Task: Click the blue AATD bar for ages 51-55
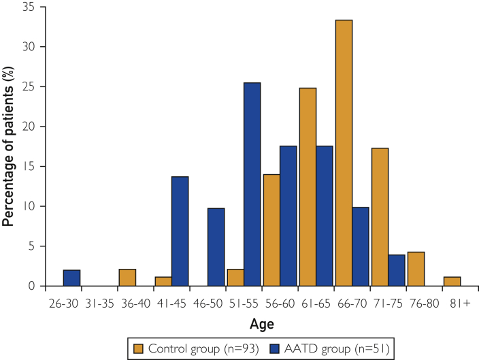pyautogui.click(x=252, y=184)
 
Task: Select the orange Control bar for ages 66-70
pyautogui.click(x=344, y=153)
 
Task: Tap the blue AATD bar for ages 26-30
pyautogui.click(x=71, y=278)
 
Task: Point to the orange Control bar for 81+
pyautogui.click(x=452, y=281)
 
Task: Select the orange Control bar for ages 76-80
pyautogui.click(x=416, y=269)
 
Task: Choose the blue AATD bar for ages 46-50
pyautogui.click(x=216, y=247)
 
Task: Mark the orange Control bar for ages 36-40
pyautogui.click(x=127, y=278)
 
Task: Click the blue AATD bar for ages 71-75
pyautogui.click(x=397, y=270)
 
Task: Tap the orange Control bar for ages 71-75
pyautogui.click(x=380, y=218)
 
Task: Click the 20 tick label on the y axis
pyautogui.click(x=31, y=127)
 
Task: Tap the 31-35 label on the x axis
pyautogui.click(x=99, y=299)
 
